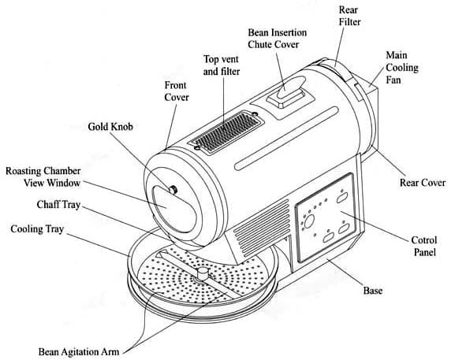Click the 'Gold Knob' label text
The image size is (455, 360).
pyautogui.click(x=110, y=127)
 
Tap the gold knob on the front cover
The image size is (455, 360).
pyautogui.click(x=173, y=190)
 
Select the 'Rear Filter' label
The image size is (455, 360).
pyautogui.click(x=349, y=16)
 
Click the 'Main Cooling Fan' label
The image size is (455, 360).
pyautogui.click(x=402, y=67)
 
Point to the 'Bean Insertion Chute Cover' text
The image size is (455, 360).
pyautogui.click(x=277, y=39)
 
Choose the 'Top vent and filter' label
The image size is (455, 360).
pyautogui.click(x=221, y=65)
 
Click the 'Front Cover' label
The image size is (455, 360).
pyautogui.click(x=177, y=91)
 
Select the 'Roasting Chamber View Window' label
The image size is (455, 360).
pyautogui.click(x=43, y=176)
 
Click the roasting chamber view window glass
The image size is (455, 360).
pyautogui.click(x=174, y=209)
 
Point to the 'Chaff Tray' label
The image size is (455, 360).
pyautogui.click(x=58, y=205)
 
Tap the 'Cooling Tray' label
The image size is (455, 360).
pyautogui.click(x=37, y=229)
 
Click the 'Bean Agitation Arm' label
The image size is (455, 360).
pyautogui.click(x=79, y=352)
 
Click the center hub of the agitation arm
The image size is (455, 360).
pyautogui.click(x=202, y=274)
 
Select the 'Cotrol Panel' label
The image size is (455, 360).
pyautogui.click(x=424, y=246)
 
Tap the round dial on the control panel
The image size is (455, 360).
pyautogui.click(x=309, y=221)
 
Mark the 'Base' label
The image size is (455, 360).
pyautogui.click(x=372, y=291)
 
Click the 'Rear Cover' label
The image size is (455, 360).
pyautogui.click(x=423, y=183)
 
